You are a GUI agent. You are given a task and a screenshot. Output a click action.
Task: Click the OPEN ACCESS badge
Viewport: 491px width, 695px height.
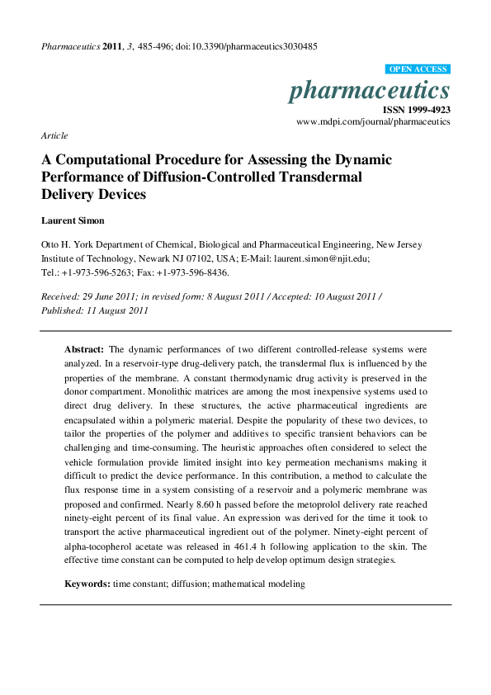[418, 69]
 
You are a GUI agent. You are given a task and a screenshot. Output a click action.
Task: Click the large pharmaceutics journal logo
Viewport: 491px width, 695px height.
[369, 90]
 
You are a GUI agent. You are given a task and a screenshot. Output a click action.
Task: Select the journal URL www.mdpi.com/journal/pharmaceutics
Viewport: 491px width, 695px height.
[373, 121]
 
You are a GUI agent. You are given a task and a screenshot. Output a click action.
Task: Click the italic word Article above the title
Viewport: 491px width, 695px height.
[54, 135]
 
